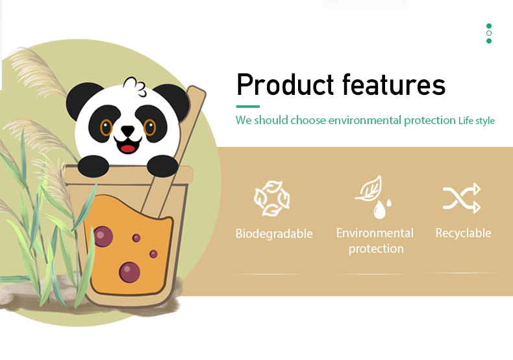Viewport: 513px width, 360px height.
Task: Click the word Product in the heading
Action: click(x=285, y=84)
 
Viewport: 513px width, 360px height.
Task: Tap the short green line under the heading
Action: click(x=248, y=107)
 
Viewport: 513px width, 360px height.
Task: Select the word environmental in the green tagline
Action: click(x=364, y=120)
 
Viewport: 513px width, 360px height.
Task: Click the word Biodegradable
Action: click(x=274, y=234)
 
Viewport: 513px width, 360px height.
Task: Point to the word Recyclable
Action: click(x=463, y=233)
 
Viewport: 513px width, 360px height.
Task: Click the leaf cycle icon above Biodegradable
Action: click(x=272, y=198)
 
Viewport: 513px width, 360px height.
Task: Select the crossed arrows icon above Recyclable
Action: click(x=462, y=198)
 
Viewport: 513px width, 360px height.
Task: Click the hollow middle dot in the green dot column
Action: click(x=489, y=33)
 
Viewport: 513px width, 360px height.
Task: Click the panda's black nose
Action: click(x=127, y=130)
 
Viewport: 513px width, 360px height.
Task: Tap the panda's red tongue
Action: click(x=127, y=149)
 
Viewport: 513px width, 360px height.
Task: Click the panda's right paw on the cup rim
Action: click(x=162, y=166)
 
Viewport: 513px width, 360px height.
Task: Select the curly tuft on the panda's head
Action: click(x=135, y=86)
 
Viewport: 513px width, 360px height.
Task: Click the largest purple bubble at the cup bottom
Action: click(x=130, y=272)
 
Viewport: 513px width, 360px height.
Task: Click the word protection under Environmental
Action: click(x=376, y=249)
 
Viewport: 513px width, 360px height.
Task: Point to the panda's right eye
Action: click(x=150, y=127)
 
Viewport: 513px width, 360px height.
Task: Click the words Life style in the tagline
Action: click(x=477, y=121)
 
